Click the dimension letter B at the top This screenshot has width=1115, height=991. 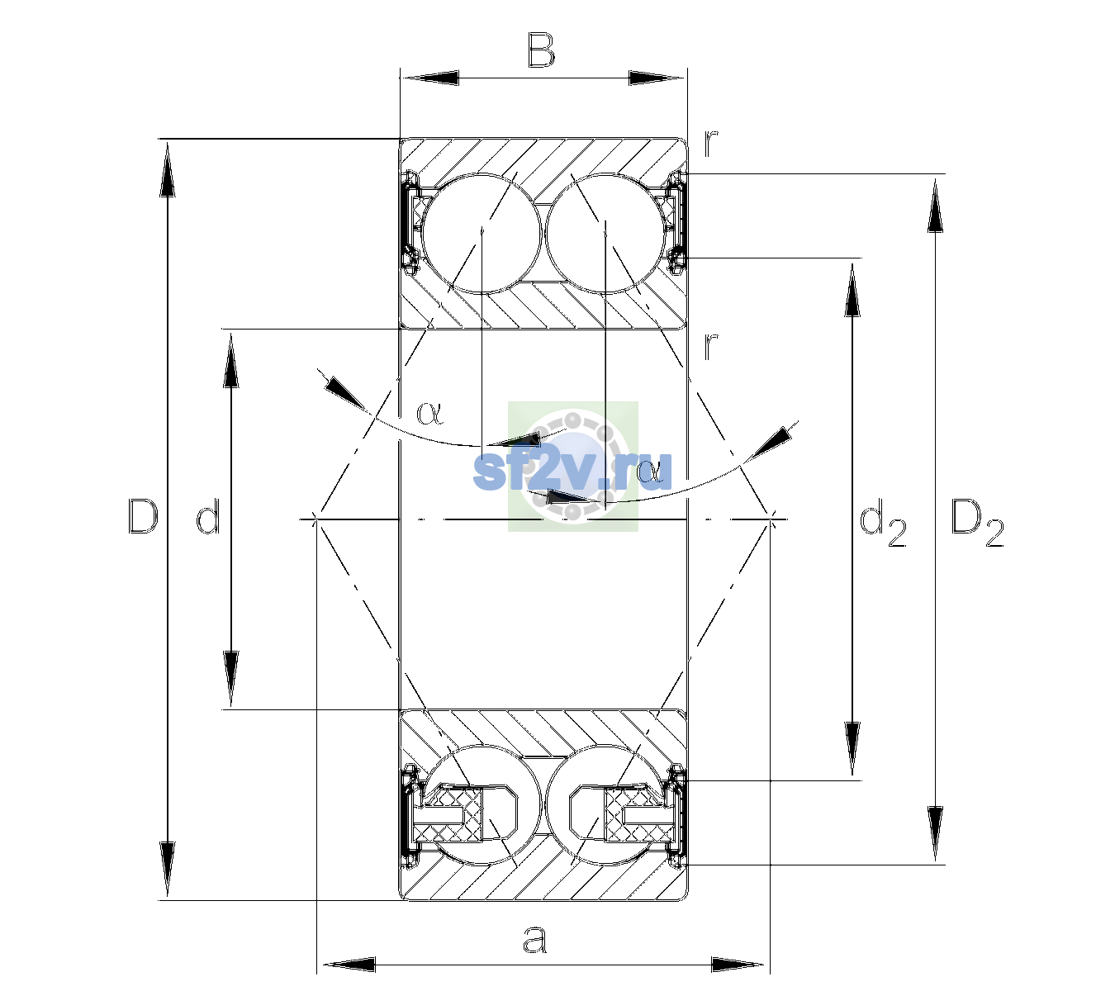(541, 50)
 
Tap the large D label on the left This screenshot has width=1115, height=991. (143, 516)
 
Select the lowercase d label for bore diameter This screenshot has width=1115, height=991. (209, 516)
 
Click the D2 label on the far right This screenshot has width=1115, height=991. (978, 523)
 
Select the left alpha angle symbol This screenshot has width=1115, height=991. (429, 413)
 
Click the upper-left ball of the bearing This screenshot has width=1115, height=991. (482, 234)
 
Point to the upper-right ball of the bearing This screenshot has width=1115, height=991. (605, 234)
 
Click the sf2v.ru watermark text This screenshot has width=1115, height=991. (572, 471)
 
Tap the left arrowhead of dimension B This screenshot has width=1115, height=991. (429, 78)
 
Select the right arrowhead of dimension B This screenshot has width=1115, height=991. (657, 78)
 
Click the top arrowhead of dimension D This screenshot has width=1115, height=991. (168, 168)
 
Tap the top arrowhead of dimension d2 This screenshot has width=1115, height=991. (852, 290)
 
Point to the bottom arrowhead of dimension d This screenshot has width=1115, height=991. (231, 679)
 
